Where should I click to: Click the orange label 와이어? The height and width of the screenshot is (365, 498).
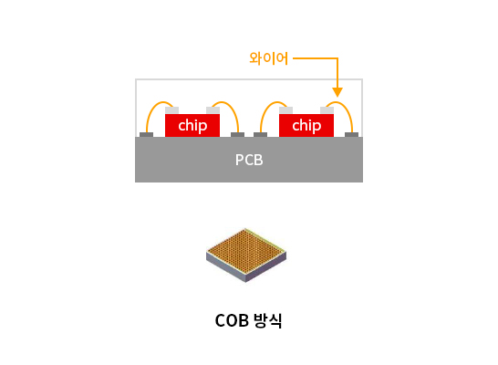coord(268,58)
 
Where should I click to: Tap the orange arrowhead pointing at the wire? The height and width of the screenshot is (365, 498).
coord(337,92)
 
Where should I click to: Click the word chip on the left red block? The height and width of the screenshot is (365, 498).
coord(192,126)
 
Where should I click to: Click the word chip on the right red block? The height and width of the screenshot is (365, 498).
coord(306,126)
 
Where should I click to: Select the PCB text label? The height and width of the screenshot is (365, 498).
coord(249,160)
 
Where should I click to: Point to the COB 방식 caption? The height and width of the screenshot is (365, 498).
coord(248,320)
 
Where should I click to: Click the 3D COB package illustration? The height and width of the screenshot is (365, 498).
coord(246,255)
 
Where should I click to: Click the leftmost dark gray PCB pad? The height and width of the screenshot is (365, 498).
coord(147,135)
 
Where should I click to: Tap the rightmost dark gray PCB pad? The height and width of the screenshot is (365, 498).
coord(351,135)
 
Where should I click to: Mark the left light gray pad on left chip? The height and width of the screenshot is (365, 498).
coord(171,110)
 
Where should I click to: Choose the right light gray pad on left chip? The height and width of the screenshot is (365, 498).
coord(213,110)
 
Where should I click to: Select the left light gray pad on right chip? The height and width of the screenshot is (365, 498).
coord(285,110)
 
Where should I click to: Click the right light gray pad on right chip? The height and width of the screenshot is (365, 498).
coord(327,110)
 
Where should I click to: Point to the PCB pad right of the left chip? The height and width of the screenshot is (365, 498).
coord(237,135)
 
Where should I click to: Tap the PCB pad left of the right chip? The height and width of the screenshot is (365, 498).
coord(261,135)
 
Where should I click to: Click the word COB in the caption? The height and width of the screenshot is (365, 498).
coord(232,320)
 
